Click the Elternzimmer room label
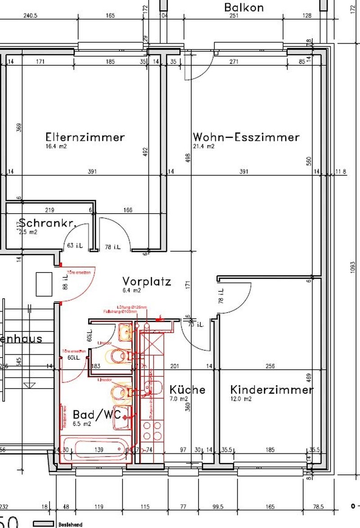click(x=85, y=137)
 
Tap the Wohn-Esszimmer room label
click(x=246, y=137)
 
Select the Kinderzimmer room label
click(x=271, y=390)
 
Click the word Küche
click(x=187, y=389)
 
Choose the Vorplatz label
click(x=147, y=282)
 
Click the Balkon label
click(x=244, y=8)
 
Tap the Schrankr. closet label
click(x=47, y=223)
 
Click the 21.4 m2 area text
click(x=204, y=147)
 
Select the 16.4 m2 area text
click(x=56, y=147)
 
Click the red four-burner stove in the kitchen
click(x=152, y=430)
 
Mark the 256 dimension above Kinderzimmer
click(x=270, y=367)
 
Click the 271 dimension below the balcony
click(x=234, y=62)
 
